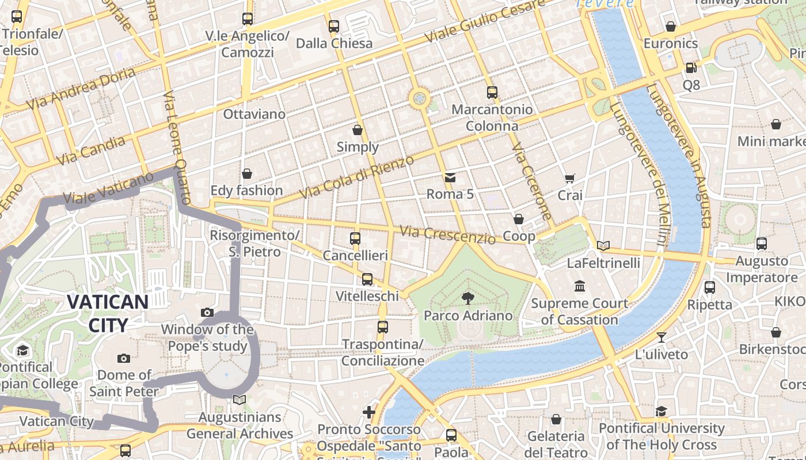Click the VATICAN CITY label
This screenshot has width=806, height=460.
pyautogui.click(x=108, y=313)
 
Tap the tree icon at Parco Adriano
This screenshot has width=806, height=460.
pyautogui.click(x=468, y=298)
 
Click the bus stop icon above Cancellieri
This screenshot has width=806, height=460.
pyautogui.click(x=355, y=238)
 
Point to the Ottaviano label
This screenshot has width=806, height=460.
pyautogui.click(x=254, y=114)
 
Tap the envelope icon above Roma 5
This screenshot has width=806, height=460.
pyautogui.click(x=450, y=177)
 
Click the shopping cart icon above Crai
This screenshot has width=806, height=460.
pyautogui.click(x=570, y=178)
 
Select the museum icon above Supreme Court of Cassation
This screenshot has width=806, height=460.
pyautogui.click(x=579, y=286)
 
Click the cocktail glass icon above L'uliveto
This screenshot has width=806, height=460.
pyautogui.click(x=661, y=337)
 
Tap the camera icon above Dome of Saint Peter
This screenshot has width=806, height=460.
pyautogui.click(x=124, y=358)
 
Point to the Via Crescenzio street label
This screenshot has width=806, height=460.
pyautogui.click(x=447, y=234)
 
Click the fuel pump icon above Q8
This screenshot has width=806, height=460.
pyautogui.click(x=691, y=68)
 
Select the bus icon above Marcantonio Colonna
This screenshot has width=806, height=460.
pyautogui.click(x=492, y=92)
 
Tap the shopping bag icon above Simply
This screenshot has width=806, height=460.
pyautogui.click(x=358, y=130)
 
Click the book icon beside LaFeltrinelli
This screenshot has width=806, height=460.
pyautogui.click(x=603, y=246)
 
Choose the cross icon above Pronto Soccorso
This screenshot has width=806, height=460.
pyautogui.click(x=369, y=412)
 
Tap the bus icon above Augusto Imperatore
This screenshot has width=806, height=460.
pyautogui.click(x=762, y=244)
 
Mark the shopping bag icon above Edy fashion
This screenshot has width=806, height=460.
pyautogui.click(x=247, y=174)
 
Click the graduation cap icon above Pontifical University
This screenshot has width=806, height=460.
pyautogui.click(x=661, y=411)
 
